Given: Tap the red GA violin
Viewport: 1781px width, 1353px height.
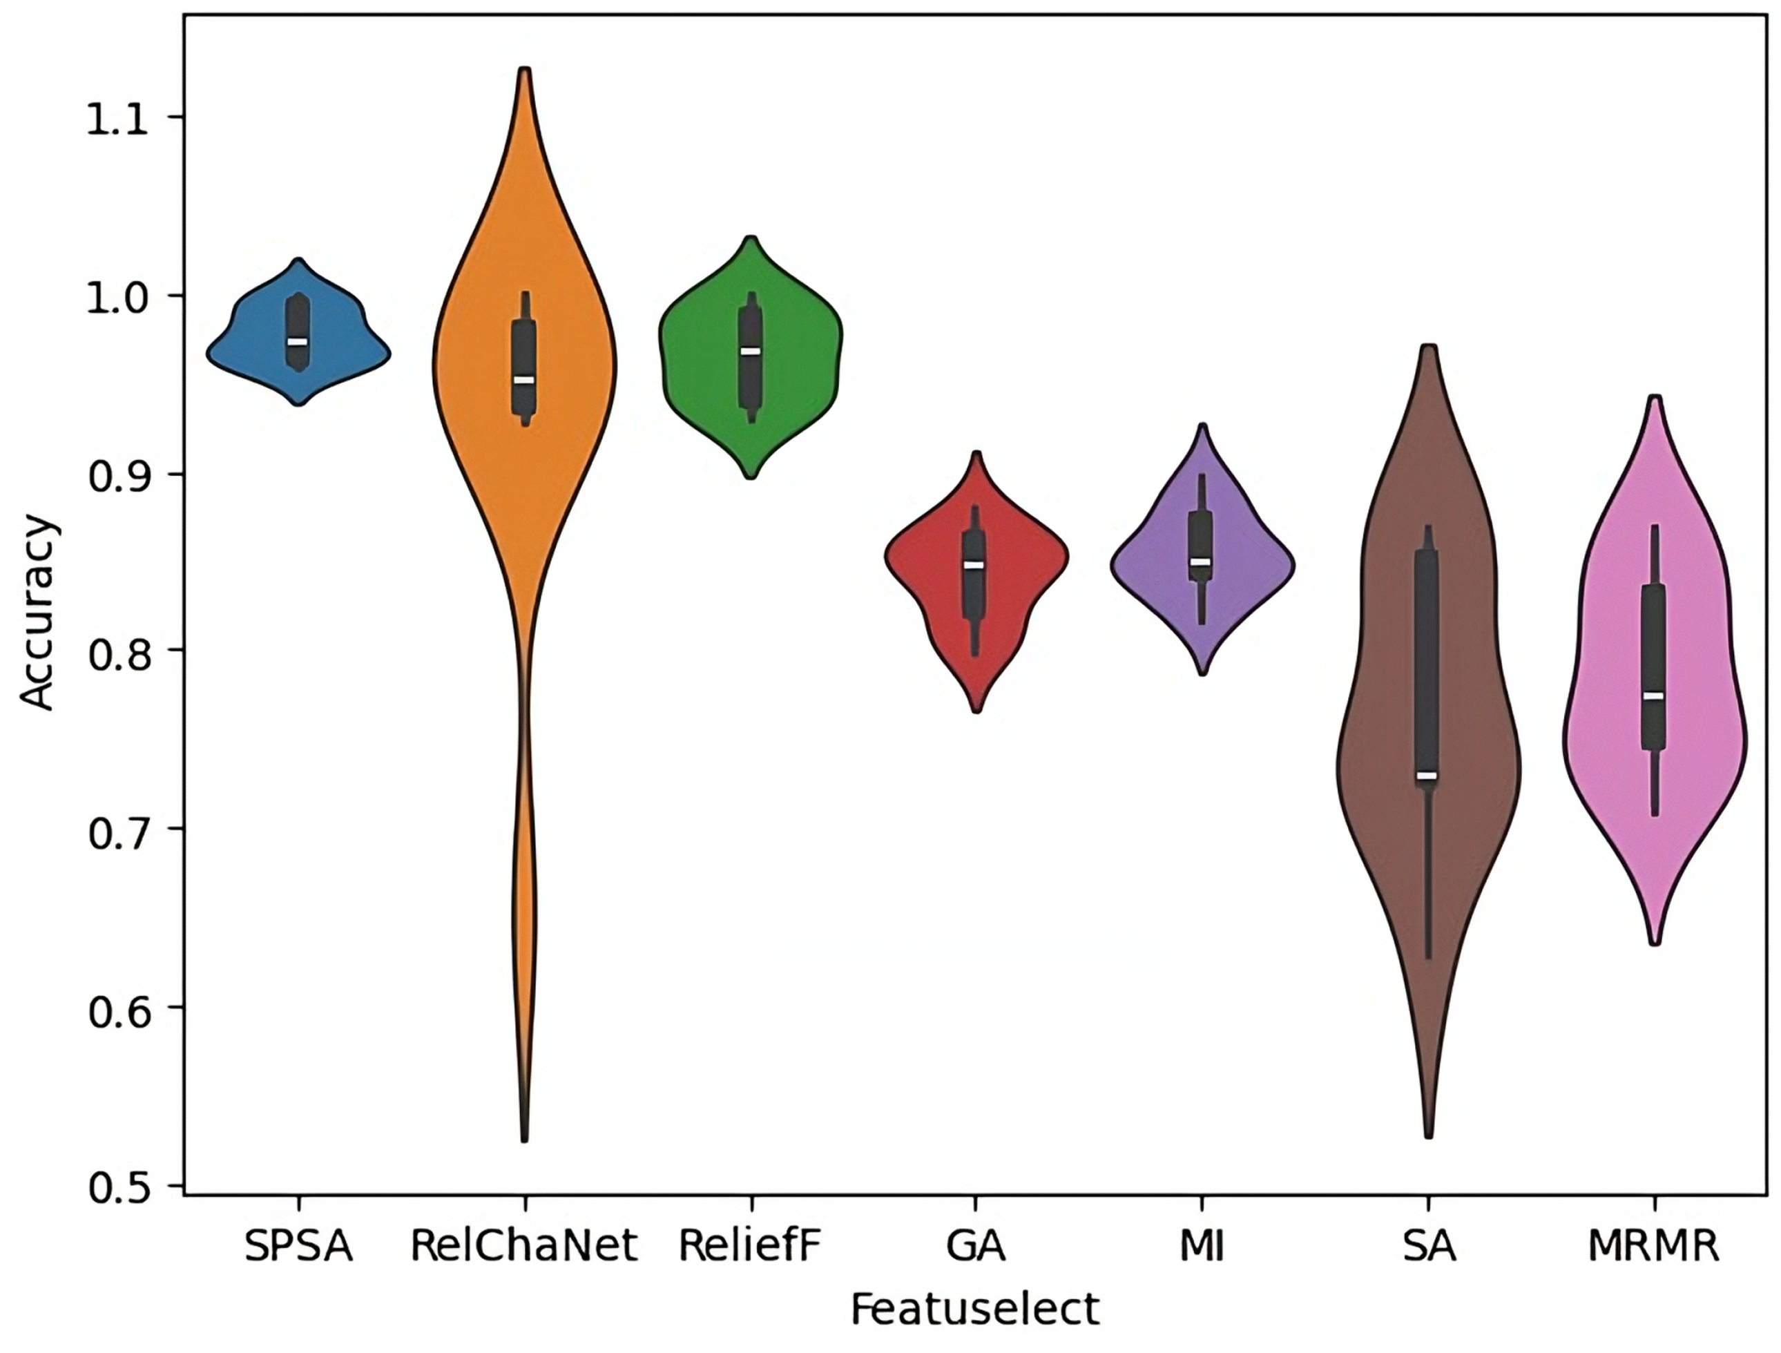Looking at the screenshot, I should (934, 564).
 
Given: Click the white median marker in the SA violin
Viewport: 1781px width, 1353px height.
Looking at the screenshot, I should (1427, 776).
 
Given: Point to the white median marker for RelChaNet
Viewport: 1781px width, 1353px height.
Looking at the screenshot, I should (524, 379).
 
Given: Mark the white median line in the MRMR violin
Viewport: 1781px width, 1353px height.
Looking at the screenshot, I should (1654, 695).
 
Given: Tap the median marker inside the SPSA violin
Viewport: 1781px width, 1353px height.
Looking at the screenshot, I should (298, 341).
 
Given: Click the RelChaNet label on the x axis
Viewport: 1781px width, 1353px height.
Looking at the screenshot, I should (523, 1247).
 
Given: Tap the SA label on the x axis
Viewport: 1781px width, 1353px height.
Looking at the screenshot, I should (1429, 1247).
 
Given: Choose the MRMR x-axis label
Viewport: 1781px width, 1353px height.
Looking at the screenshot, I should (1654, 1247).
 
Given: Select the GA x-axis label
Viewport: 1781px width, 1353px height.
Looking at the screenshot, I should (976, 1247).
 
